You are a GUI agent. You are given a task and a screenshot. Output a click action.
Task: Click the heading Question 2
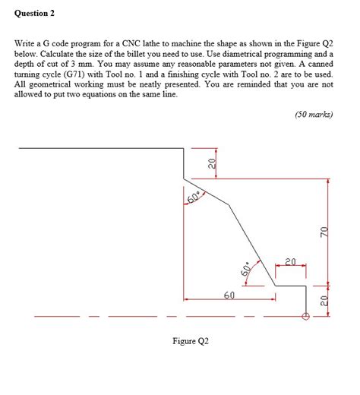click(39, 14)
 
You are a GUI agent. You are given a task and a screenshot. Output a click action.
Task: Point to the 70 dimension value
click(322, 231)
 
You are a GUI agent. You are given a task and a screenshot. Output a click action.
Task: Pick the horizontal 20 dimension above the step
click(290, 262)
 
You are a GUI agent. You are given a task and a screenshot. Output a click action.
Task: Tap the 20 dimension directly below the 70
click(322, 301)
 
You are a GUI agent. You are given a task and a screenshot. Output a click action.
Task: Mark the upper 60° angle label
click(193, 198)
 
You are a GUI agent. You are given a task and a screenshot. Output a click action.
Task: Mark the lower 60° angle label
click(245, 270)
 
